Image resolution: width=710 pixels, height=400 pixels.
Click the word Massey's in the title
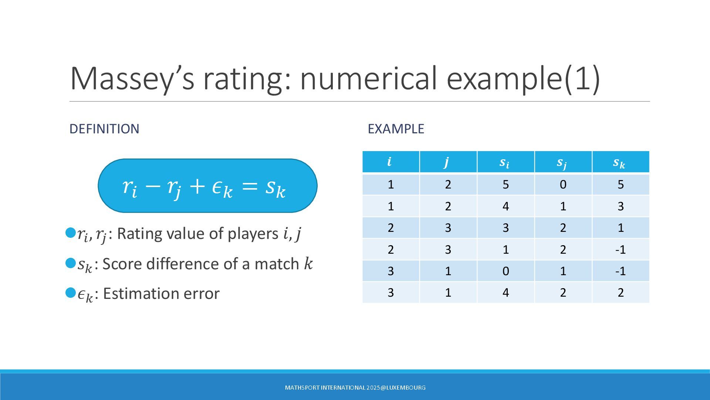pos(132,78)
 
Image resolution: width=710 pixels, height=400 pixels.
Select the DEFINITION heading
pos(104,129)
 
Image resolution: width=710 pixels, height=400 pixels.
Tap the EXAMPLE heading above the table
pos(396,129)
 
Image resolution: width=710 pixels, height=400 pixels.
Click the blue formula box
pos(207,186)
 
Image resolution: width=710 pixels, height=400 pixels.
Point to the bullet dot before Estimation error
pos(70,293)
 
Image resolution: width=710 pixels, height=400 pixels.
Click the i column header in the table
pos(391,162)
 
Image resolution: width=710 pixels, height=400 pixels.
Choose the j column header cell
pos(448,162)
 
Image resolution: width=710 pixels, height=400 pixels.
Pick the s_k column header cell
pos(621,162)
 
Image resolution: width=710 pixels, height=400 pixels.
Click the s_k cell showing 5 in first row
pos(621,184)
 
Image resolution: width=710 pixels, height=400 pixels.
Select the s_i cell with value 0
pos(506,271)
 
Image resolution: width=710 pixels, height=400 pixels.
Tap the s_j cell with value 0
pos(563,184)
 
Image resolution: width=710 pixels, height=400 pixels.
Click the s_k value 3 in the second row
pos(621,206)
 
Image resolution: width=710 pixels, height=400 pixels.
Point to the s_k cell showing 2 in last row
pos(621,293)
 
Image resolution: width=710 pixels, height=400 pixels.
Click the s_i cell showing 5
pos(506,184)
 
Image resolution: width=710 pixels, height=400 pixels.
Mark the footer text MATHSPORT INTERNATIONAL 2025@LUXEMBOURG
pos(355,388)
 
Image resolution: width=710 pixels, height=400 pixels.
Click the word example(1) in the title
pos(523,78)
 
